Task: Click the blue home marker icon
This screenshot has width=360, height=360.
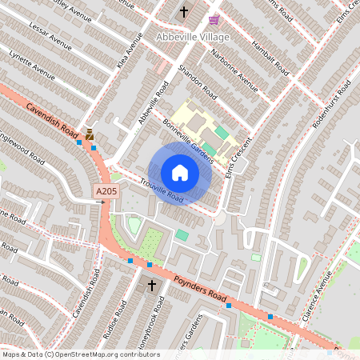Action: pyautogui.click(x=180, y=173)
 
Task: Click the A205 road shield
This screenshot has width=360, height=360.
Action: pyautogui.click(x=106, y=192)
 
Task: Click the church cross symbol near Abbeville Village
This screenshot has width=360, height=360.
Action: pyautogui.click(x=184, y=11)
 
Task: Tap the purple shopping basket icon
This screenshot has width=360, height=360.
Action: pyautogui.click(x=214, y=19)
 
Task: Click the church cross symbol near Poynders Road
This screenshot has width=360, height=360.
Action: pyautogui.click(x=151, y=286)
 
